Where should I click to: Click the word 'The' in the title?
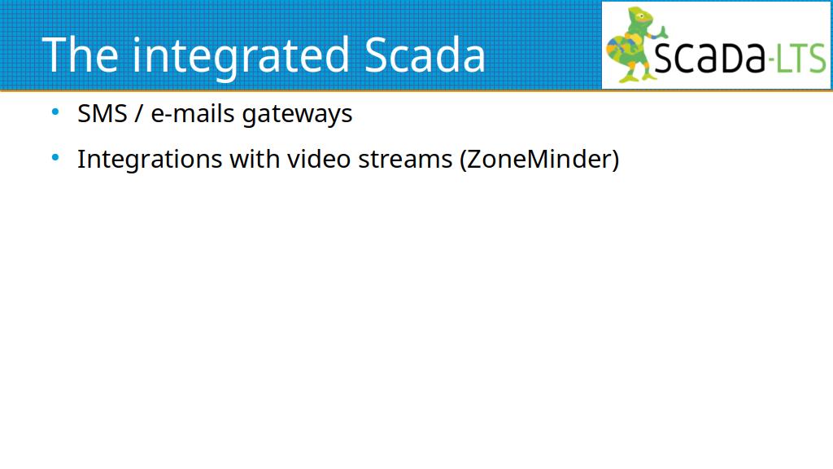tap(80, 55)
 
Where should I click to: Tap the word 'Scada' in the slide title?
tap(425, 55)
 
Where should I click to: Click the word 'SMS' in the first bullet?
tap(102, 113)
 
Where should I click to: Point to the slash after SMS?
tap(139, 113)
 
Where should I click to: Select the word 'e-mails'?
tap(192, 113)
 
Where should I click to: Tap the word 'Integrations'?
tap(150, 160)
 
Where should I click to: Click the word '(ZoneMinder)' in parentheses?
tap(539, 160)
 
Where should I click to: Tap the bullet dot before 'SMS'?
tap(55, 112)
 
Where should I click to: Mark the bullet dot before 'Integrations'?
tap(55, 157)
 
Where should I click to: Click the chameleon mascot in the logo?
tap(635, 45)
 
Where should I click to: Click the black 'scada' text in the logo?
tap(709, 56)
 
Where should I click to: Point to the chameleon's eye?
tap(641, 16)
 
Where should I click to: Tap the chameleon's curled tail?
tap(618, 50)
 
